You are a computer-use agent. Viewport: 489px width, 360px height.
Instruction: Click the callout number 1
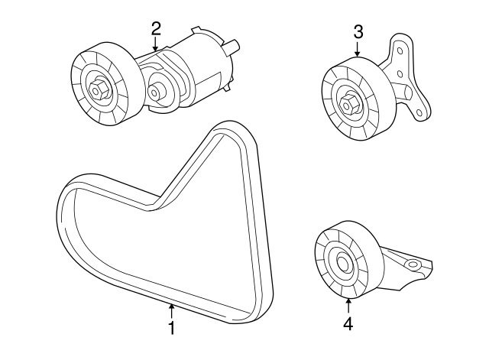click(x=172, y=328)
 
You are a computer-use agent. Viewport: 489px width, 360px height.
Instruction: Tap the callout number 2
click(x=156, y=29)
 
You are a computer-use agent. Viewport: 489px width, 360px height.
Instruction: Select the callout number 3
click(x=358, y=32)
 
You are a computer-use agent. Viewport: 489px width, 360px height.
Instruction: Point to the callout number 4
click(x=348, y=324)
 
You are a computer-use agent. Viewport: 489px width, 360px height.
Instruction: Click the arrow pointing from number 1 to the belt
click(x=172, y=310)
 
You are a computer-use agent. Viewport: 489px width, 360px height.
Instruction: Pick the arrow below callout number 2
click(x=156, y=45)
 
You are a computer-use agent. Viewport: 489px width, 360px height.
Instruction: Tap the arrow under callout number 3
click(x=358, y=50)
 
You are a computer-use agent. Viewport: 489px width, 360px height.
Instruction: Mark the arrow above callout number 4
click(x=348, y=306)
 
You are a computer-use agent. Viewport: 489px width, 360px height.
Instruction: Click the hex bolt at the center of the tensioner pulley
click(x=100, y=89)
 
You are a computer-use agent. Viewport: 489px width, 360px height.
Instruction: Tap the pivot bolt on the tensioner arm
click(x=156, y=93)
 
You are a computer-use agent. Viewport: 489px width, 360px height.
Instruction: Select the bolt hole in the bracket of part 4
click(x=414, y=264)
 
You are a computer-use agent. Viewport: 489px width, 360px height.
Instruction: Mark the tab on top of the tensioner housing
click(x=200, y=31)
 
